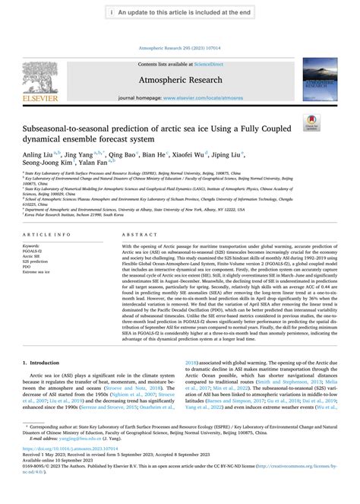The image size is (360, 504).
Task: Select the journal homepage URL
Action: [210, 99]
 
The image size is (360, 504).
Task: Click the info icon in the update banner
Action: [112, 13]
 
